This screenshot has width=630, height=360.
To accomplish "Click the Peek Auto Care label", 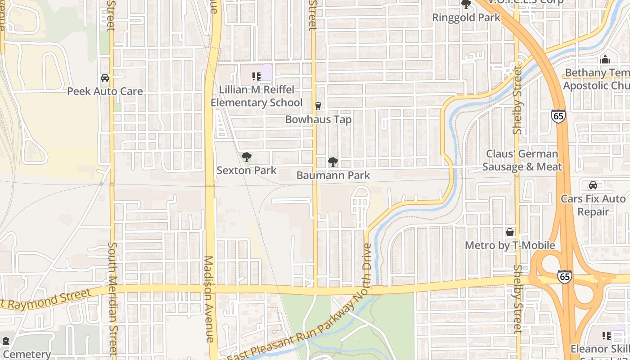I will click(x=105, y=91).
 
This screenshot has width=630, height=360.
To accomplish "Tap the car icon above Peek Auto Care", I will click(x=105, y=78).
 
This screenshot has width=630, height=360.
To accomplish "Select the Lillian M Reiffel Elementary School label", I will click(x=256, y=96).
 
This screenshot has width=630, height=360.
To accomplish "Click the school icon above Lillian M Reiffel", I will click(x=256, y=76).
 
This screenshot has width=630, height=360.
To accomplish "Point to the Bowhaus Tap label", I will click(x=319, y=120).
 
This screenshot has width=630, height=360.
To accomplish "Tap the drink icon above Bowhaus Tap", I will click(x=318, y=106).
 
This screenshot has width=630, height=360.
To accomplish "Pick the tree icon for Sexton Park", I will click(x=246, y=157).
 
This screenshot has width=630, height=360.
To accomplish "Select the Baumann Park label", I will click(x=333, y=175).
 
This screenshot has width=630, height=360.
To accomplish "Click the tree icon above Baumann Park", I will click(x=333, y=162).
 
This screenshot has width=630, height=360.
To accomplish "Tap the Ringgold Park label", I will click(x=466, y=18).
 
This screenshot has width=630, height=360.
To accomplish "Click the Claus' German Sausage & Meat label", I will click(x=522, y=161).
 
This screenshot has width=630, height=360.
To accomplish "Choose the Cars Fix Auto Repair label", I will click(x=593, y=205).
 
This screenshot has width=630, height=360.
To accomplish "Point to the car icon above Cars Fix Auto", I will click(x=593, y=185).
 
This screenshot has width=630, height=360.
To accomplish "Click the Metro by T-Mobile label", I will click(x=510, y=246).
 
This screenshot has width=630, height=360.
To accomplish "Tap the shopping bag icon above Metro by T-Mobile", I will click(x=510, y=232).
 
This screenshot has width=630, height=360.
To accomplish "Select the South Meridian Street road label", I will click(x=112, y=299).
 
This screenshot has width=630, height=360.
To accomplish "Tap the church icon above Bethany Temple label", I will click(x=605, y=59).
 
